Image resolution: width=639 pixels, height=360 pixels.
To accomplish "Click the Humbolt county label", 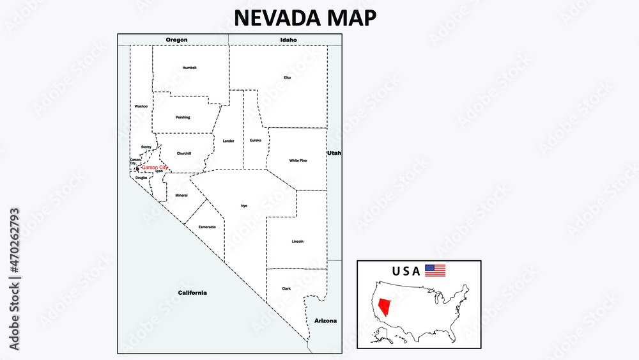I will [190, 67].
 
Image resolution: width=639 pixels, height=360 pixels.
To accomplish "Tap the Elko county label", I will [288, 77].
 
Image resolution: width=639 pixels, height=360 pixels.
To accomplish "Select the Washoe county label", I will [141, 106].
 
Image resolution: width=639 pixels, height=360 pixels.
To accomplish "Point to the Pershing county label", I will [183, 117].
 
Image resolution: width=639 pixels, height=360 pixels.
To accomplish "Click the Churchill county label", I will [184, 153].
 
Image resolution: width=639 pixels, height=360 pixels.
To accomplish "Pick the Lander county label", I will [229, 141].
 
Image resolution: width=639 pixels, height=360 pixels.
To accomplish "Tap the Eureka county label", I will [256, 140].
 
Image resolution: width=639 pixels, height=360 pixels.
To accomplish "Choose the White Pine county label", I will [298, 160].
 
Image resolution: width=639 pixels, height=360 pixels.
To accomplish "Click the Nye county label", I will [243, 205].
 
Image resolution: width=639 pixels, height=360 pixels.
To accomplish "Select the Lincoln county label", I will [298, 242].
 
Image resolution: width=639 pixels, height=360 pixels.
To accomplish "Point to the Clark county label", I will [286, 288].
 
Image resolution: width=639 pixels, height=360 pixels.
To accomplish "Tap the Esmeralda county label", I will [207, 227].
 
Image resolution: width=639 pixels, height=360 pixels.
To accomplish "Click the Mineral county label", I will [181, 195].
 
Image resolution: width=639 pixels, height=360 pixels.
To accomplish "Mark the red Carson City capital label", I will [154, 168].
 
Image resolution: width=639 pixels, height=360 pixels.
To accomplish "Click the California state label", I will [192, 293].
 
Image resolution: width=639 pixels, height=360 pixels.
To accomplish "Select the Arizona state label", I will [325, 320].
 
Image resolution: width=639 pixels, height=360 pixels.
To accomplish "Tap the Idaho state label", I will [288, 40].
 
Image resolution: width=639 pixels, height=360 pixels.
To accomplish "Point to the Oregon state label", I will [176, 40].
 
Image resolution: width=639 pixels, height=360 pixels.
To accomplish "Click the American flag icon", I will [435, 270].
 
